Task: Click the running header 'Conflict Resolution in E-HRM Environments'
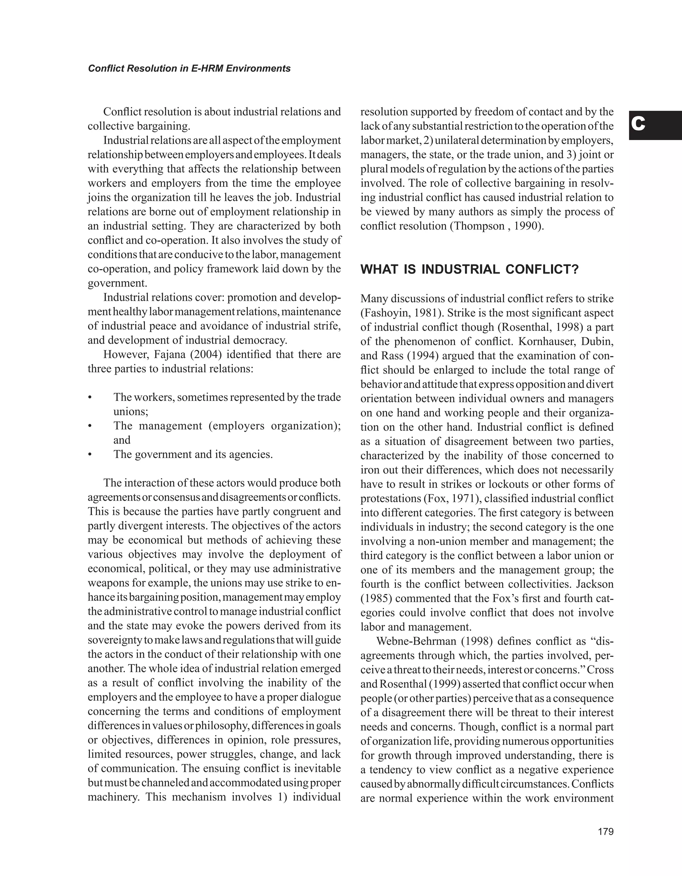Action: click(x=189, y=69)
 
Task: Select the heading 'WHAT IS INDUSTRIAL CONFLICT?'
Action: click(x=470, y=269)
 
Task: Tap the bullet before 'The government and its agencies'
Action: click(x=90, y=454)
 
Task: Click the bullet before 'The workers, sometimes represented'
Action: click(x=90, y=398)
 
